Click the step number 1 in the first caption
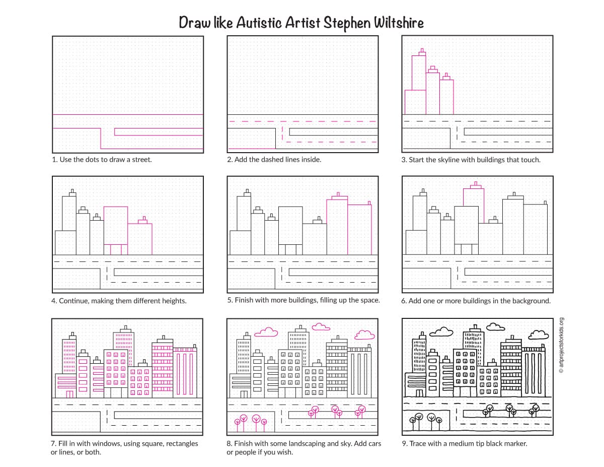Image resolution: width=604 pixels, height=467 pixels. click(54, 160)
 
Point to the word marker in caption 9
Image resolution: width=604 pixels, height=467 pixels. click(515, 444)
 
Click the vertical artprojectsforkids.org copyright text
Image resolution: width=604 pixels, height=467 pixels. click(562, 345)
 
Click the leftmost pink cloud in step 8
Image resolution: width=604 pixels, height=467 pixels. click(266, 331)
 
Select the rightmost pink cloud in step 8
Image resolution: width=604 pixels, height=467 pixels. click(364, 335)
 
